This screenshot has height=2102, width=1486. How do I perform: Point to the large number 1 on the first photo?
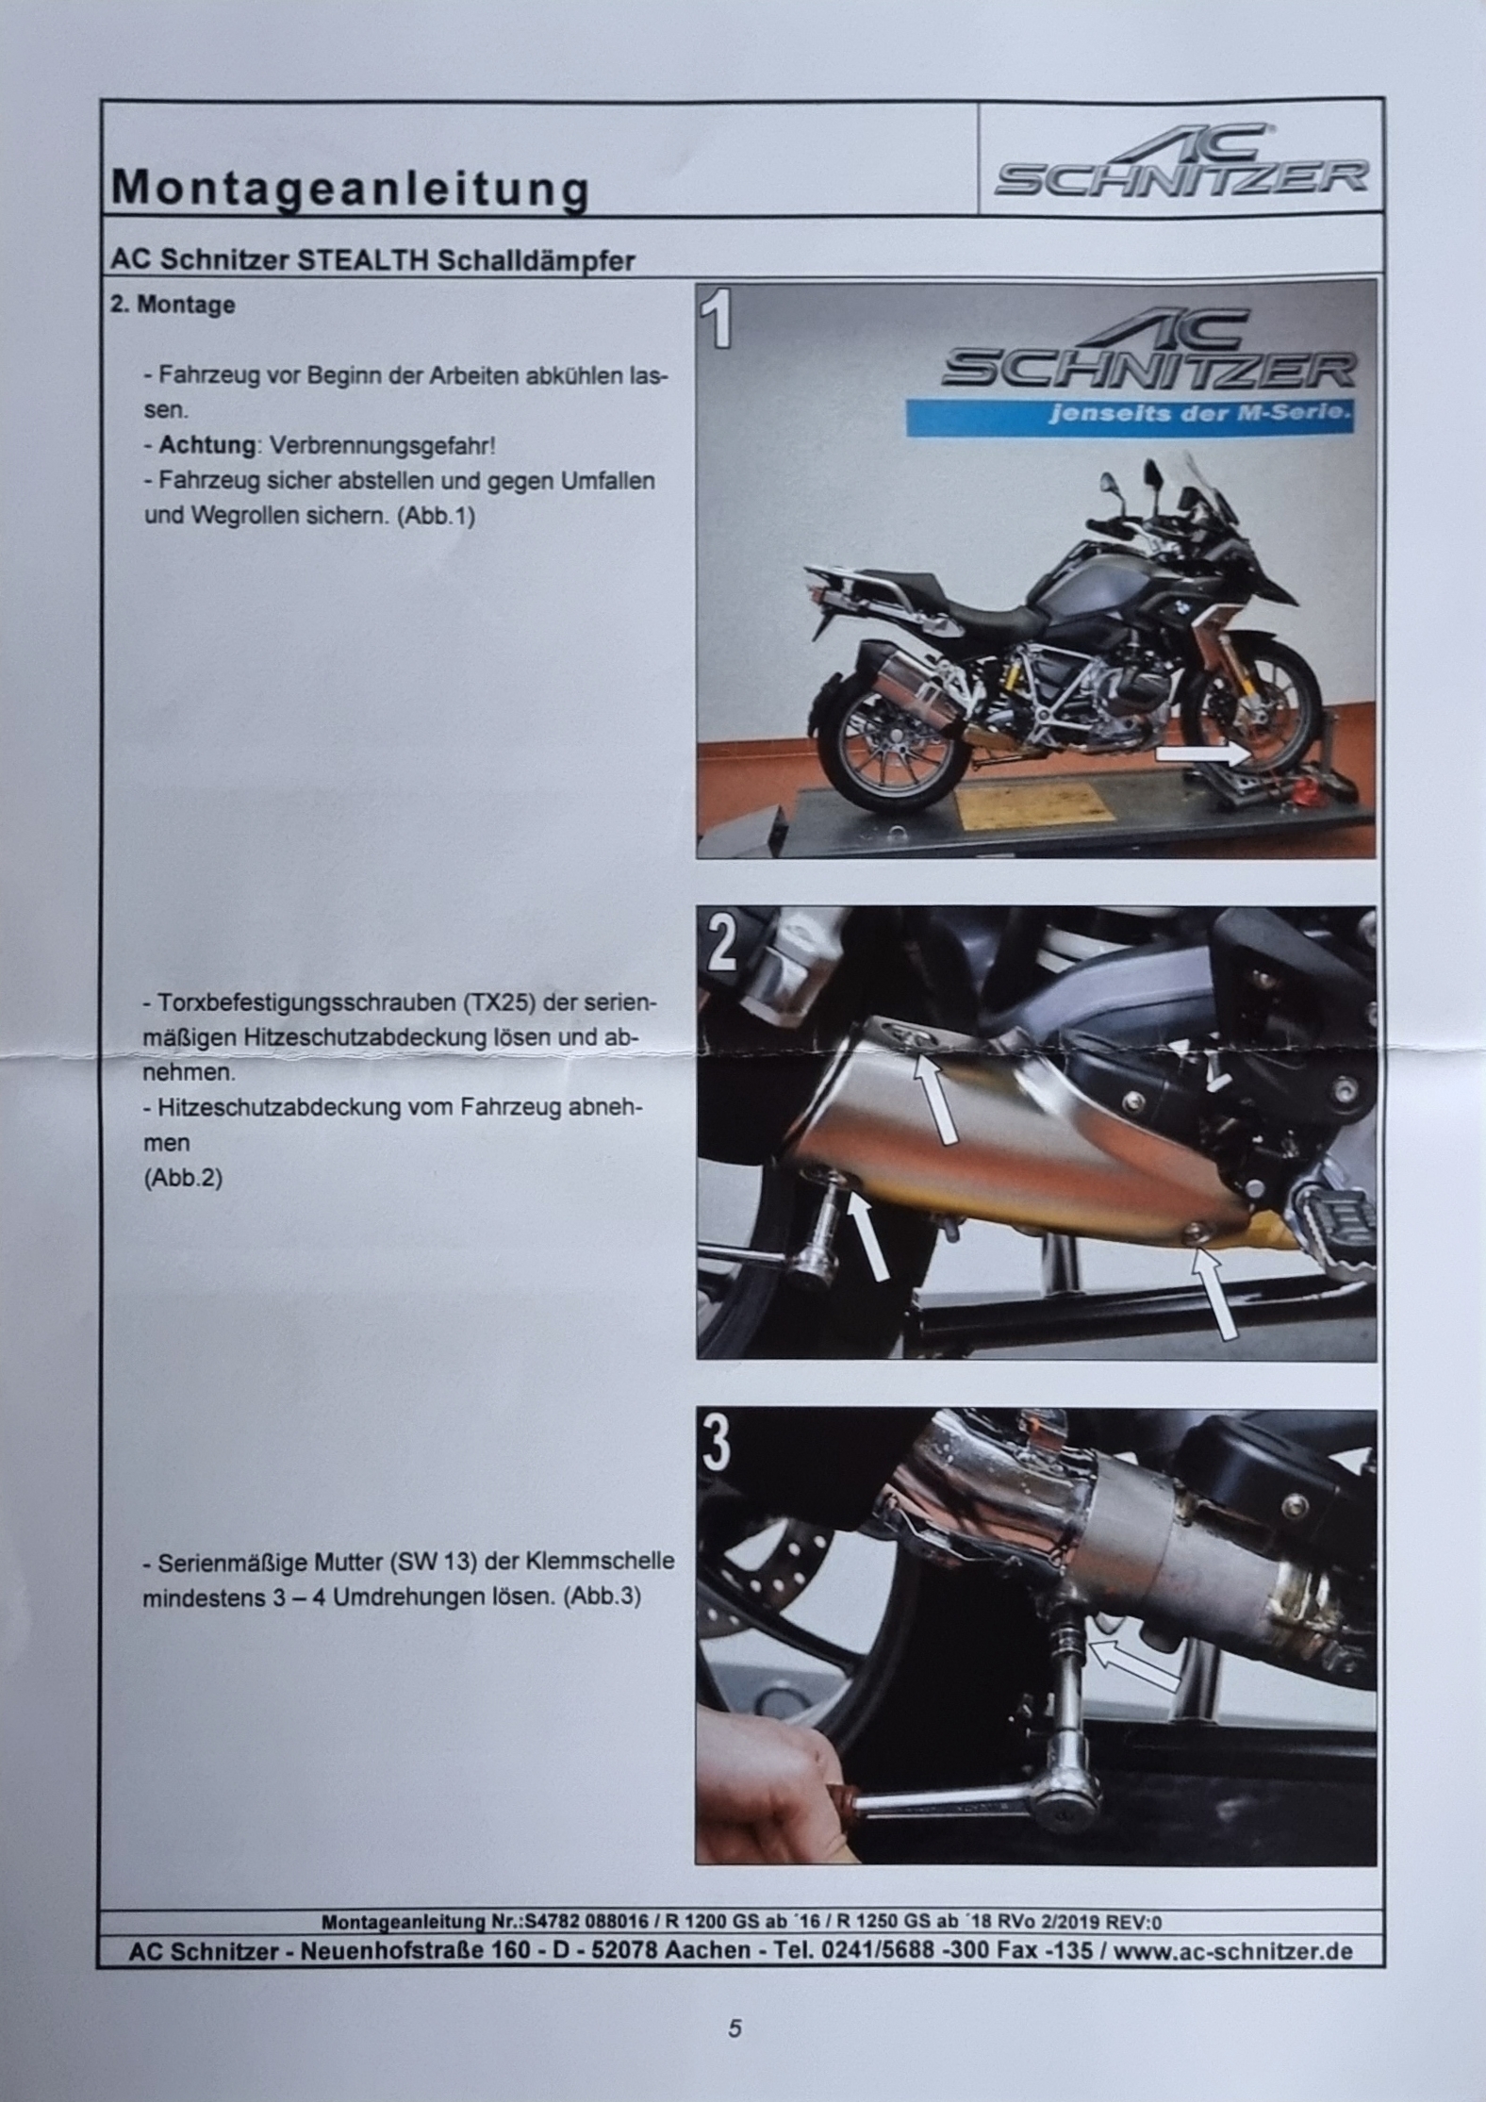pyautogui.click(x=721, y=320)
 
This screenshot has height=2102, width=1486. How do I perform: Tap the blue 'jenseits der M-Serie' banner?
pyautogui.click(x=1131, y=415)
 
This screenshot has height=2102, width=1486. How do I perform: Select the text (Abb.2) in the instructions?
pyautogui.click(x=183, y=1179)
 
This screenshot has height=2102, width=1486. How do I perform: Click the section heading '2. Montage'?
pyautogui.click(x=173, y=306)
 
